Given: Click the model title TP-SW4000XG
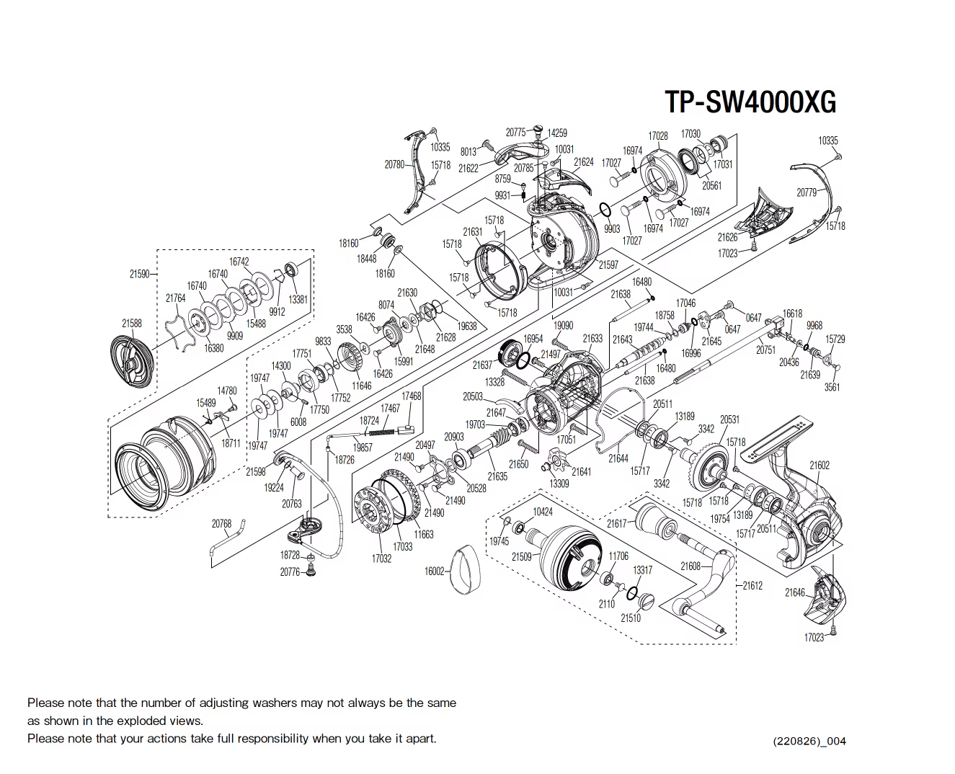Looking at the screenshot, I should (750, 102).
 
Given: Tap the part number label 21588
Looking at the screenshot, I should (132, 324).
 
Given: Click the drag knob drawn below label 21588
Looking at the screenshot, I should (133, 362).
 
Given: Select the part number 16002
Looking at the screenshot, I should (435, 571).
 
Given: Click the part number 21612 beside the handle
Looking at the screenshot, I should (752, 586).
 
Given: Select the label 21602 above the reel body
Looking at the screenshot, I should (819, 466).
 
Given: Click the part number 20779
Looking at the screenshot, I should (807, 192).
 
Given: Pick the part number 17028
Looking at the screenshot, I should (657, 135).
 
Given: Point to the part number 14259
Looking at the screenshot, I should (557, 133).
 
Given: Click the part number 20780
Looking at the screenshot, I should (394, 164).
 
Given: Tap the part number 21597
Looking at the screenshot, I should (608, 264).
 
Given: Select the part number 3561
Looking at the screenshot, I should (832, 387).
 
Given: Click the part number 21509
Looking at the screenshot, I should (521, 556).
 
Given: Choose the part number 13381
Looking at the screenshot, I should (298, 300).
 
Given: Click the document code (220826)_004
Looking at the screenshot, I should (809, 741).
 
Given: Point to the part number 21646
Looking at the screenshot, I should (795, 592).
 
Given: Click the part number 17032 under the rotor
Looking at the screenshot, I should (381, 559).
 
